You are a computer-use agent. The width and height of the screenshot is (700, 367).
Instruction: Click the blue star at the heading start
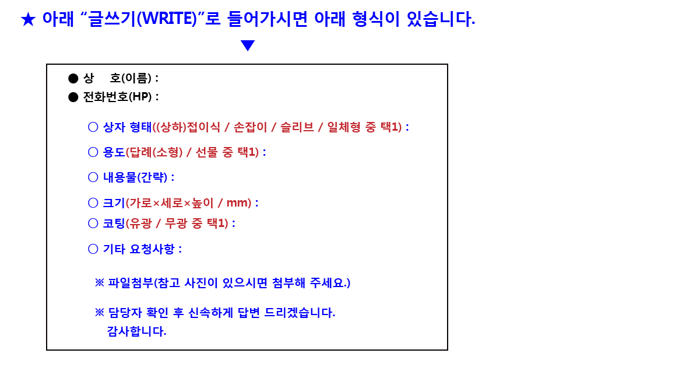pos(28,19)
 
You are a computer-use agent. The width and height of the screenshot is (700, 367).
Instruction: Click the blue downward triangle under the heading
pos(248,46)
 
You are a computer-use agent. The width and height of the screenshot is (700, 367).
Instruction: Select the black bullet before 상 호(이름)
pos(73,78)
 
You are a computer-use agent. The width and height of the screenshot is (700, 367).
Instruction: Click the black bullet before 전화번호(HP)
pos(73,97)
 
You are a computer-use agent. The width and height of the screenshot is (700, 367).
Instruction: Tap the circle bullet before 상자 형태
pos(93,127)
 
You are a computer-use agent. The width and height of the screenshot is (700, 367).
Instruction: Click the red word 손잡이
pos(250,127)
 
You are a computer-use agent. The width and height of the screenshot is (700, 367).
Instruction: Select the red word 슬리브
pos(297,127)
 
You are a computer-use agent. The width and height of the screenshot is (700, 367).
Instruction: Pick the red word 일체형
pos(344,127)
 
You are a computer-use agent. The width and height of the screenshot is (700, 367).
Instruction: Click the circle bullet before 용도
pos(93,152)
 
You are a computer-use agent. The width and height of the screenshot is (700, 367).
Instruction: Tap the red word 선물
pos(206,152)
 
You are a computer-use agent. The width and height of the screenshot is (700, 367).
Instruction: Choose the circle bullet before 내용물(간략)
pos(93,177)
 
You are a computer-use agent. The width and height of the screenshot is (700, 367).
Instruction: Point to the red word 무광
pos(176,223)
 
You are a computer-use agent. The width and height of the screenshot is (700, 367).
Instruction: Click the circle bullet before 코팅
pos(93,223)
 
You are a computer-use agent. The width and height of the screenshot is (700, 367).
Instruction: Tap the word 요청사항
pos(152,249)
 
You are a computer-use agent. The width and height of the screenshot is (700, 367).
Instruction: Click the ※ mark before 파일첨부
pos(99,282)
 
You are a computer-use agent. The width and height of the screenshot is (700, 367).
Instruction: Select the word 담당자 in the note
pos(125,313)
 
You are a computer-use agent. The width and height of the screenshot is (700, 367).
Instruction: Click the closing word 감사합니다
pos(136,331)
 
